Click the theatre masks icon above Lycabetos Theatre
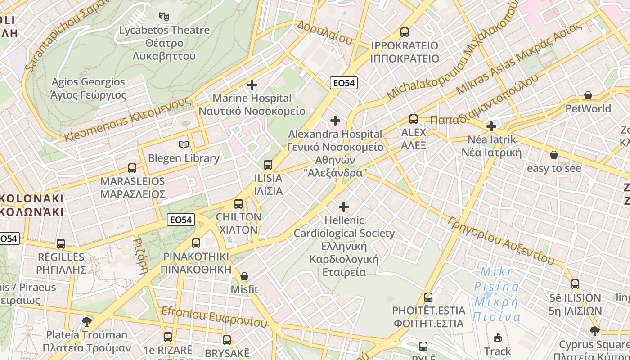tap(164, 17)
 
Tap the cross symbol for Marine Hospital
tap(252, 85)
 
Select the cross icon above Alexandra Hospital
tap(335, 121)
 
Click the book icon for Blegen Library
tap(183, 144)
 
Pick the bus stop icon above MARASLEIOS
tap(132, 168)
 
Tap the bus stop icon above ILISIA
tap(268, 164)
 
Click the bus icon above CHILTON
tap(238, 203)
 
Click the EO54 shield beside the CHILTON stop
tap(181, 220)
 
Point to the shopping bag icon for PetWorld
tap(588, 95)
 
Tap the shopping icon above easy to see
tap(554, 155)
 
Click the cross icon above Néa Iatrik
tap(491, 126)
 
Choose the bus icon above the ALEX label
tap(414, 119)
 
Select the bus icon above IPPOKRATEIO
tap(405, 32)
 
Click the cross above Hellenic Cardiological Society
tap(344, 207)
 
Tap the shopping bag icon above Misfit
tap(244, 276)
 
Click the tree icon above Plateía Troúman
tap(87, 321)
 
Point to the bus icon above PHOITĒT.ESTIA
tap(428, 297)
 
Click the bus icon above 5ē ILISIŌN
tap(575, 284)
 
